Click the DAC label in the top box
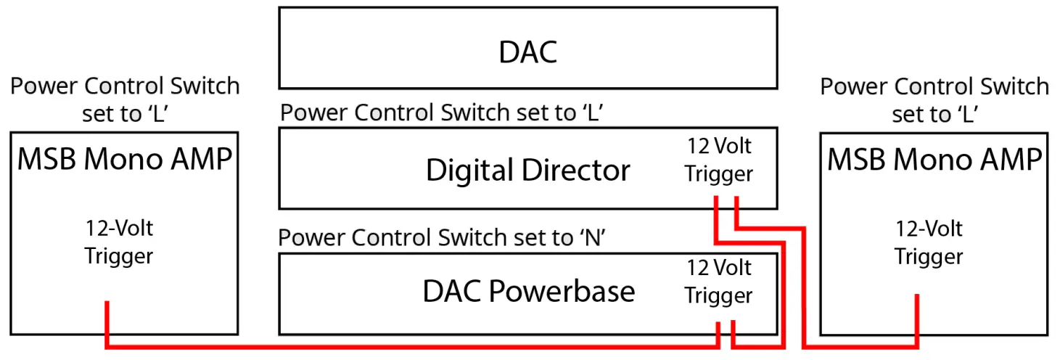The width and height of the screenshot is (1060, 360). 527,52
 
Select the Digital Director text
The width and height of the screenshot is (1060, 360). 527,171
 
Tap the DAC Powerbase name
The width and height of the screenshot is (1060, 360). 528,291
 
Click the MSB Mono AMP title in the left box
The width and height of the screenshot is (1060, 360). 124,159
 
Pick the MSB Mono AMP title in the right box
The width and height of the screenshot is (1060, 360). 934,159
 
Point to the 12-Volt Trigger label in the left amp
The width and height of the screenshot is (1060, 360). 119,242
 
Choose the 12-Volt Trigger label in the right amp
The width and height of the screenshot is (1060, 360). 929,242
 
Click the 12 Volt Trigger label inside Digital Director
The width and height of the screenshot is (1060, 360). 719,160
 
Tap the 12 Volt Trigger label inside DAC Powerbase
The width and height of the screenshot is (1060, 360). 719,282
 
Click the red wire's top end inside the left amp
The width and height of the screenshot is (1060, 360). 107,305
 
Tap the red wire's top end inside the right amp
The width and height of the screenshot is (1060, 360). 917,298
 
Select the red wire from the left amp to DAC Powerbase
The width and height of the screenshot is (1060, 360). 406,346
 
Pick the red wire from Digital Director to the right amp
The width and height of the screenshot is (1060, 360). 805,290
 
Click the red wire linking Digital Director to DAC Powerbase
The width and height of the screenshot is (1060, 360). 783,290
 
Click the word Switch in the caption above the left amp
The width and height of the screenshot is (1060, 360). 205,86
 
